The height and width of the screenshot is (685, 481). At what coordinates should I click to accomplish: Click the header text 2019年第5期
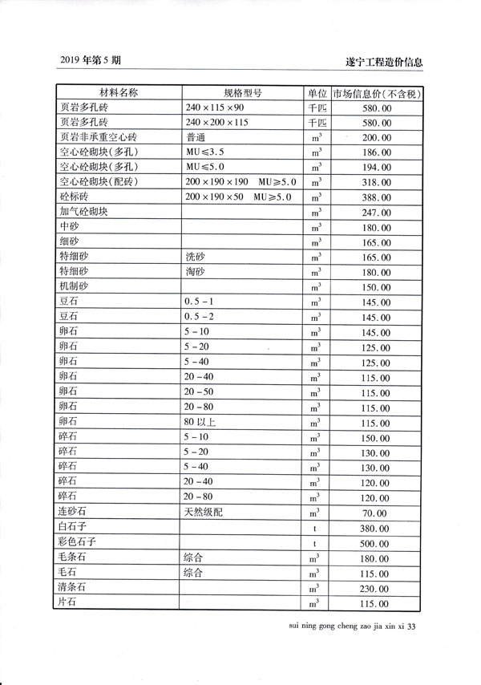click(91, 59)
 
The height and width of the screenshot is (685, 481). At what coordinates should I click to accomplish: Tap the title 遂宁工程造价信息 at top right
click(382, 61)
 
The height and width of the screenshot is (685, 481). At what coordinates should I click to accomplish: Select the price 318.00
click(376, 183)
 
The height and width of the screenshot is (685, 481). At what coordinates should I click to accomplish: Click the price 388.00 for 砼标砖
click(376, 197)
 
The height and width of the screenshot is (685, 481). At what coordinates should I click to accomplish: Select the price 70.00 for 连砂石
click(378, 513)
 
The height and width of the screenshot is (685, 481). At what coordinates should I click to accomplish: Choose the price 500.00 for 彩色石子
click(376, 543)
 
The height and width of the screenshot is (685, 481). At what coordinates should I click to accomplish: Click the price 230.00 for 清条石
click(376, 588)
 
